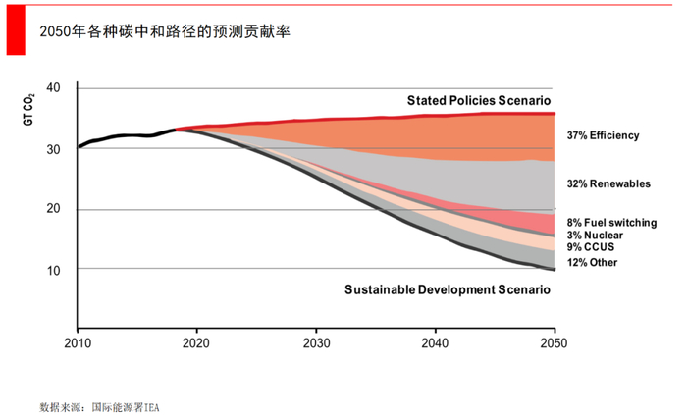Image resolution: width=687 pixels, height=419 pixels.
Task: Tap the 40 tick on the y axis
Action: (x=54, y=88)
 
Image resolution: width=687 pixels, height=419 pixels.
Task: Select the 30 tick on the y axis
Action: (x=54, y=148)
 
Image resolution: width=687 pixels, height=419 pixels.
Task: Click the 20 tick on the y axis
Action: (x=54, y=209)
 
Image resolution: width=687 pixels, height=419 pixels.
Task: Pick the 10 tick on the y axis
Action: (x=54, y=270)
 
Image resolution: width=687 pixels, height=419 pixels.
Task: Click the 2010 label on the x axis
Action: (x=78, y=343)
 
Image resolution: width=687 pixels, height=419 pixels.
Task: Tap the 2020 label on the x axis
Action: (x=196, y=343)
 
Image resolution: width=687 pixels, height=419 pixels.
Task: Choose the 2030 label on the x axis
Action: (x=316, y=343)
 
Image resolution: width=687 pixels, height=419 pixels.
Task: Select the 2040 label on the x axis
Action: (x=435, y=343)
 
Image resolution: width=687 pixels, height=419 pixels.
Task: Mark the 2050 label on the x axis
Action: (x=554, y=343)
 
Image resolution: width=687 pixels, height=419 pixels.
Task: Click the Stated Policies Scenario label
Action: (x=479, y=101)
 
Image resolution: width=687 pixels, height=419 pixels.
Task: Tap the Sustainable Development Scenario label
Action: (x=447, y=289)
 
